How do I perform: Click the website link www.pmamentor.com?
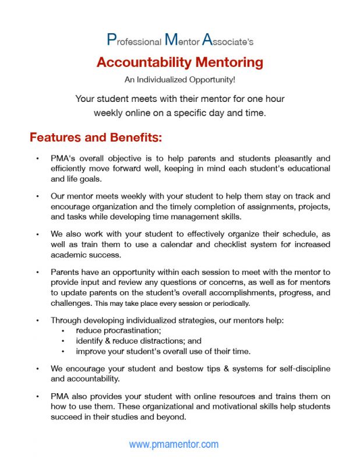174,444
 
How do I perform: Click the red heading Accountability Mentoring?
179,62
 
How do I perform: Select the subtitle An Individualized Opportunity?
179,80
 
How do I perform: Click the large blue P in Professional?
111,40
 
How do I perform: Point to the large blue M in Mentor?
171,40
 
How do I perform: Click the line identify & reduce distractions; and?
139,341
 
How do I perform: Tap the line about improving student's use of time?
163,351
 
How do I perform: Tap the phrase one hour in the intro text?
265,98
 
